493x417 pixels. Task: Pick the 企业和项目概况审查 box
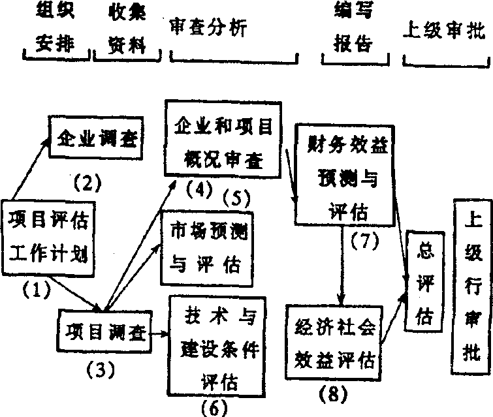tap(224, 138)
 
